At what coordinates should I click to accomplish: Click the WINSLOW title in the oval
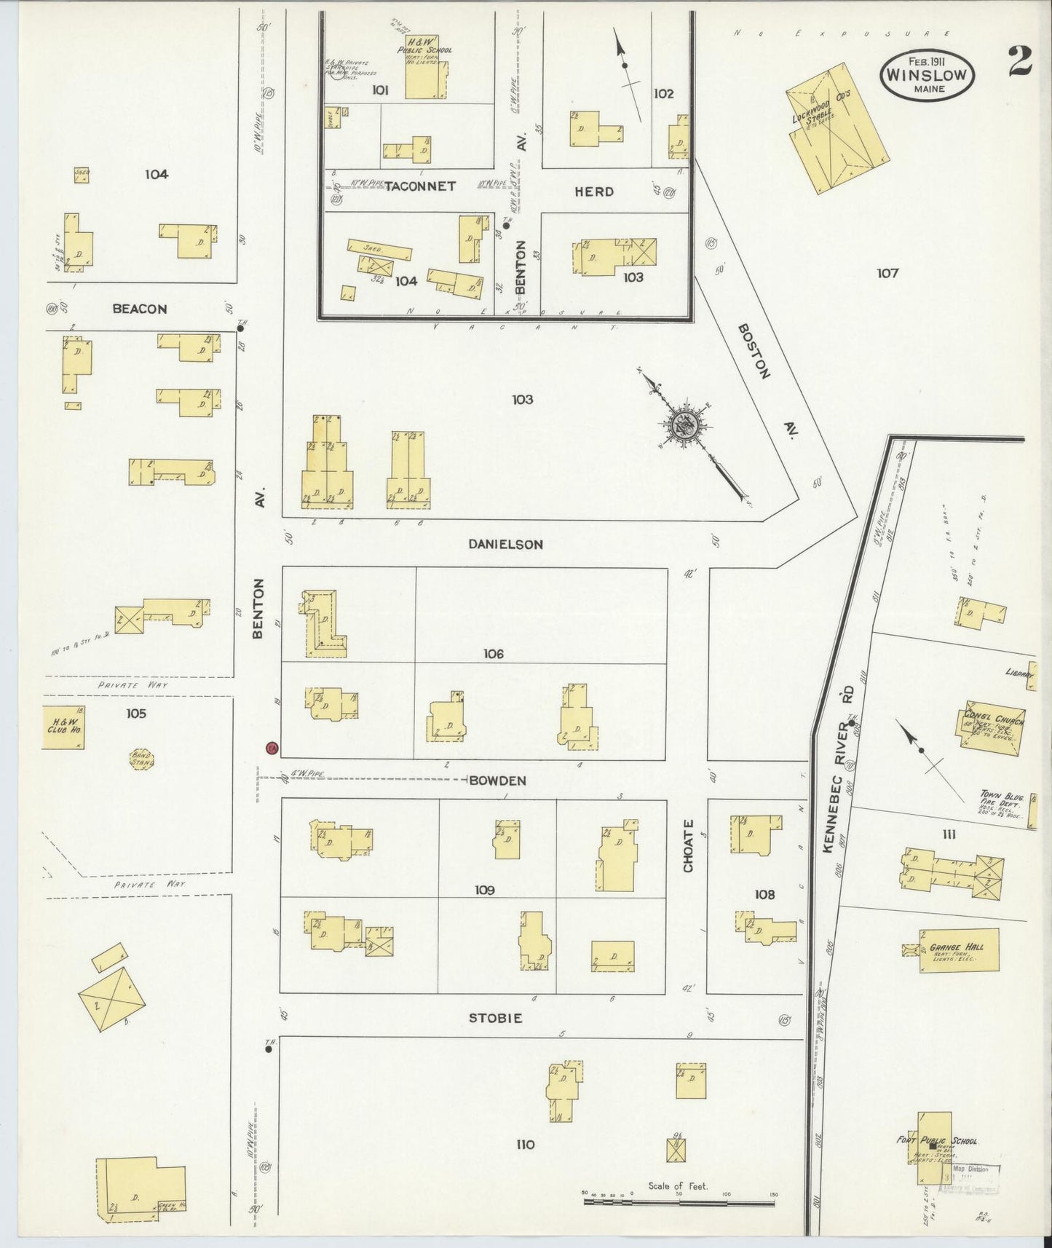click(927, 74)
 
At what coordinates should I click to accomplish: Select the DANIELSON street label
click(505, 544)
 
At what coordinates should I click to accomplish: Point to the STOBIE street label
click(495, 1018)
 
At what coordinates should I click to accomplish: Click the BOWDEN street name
click(497, 781)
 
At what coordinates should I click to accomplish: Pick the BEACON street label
click(139, 309)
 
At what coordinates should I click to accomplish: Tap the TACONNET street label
click(420, 186)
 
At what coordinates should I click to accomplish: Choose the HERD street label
click(594, 191)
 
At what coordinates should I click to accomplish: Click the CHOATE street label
click(689, 845)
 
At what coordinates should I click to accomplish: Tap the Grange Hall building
click(957, 951)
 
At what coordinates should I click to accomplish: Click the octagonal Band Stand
click(141, 759)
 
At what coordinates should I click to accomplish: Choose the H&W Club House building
click(63, 726)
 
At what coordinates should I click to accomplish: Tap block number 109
click(484, 890)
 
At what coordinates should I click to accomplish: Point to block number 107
click(887, 273)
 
